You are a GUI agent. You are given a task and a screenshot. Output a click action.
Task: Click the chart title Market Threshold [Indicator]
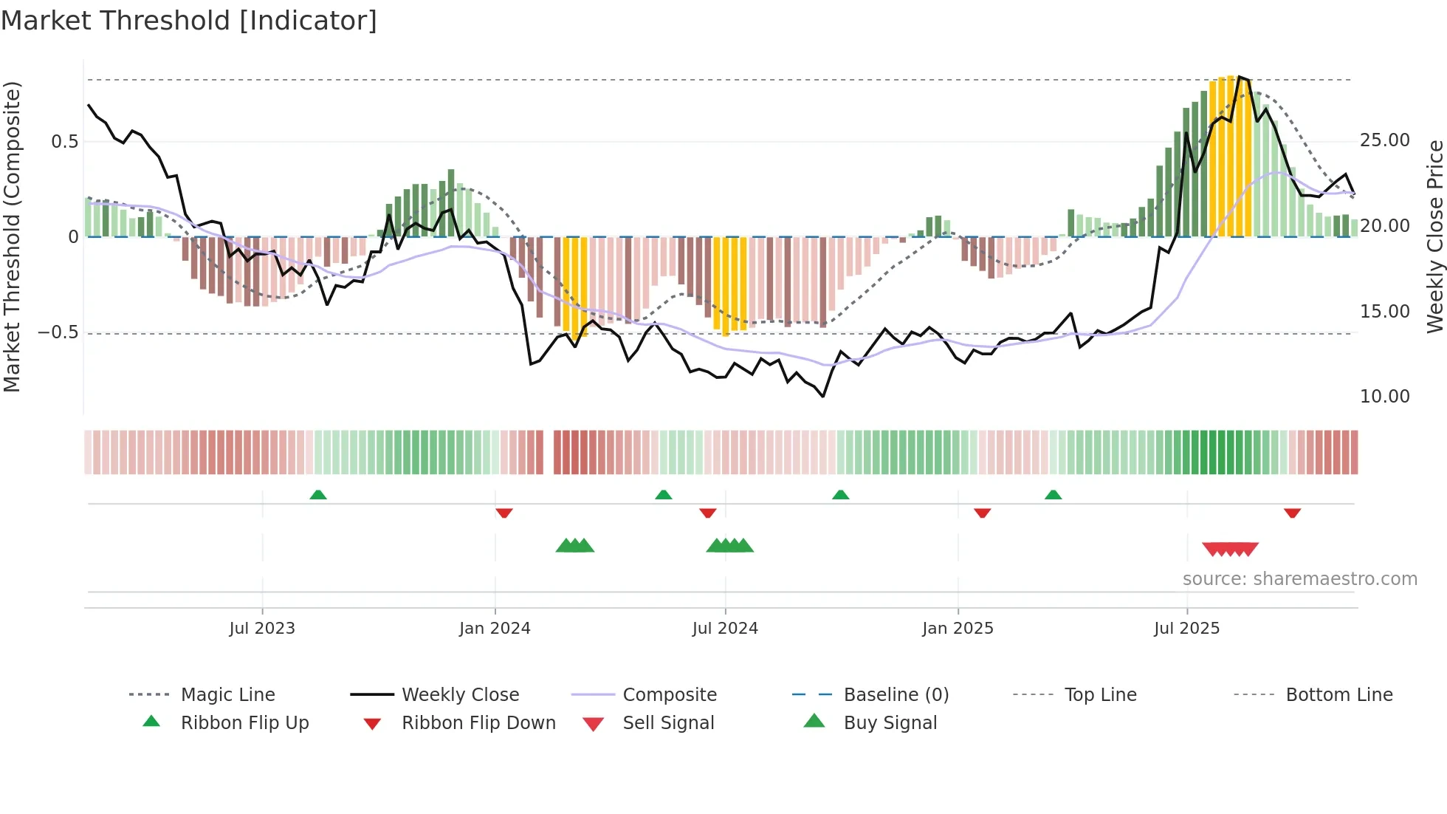point(189,21)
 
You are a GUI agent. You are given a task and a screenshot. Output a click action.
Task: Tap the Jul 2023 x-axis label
point(261,629)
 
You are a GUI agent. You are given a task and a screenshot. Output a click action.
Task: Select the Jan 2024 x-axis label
point(495,629)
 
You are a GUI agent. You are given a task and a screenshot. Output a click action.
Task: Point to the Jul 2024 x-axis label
point(725,629)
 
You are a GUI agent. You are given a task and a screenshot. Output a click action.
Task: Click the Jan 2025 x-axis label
point(958,629)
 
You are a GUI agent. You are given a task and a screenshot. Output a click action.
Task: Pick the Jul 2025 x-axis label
point(1186,629)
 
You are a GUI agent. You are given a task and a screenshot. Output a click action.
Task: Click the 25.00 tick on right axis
point(1384,140)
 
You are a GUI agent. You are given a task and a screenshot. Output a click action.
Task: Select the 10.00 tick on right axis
point(1384,397)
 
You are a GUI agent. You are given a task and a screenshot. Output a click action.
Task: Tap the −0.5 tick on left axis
point(58,332)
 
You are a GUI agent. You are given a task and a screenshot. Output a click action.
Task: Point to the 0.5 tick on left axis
point(64,142)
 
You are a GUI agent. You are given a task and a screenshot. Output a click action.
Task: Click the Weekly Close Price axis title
point(1434,236)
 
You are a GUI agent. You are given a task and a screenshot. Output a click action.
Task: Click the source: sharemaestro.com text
point(1299,579)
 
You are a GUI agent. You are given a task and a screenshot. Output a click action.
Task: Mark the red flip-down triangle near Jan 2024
point(504,513)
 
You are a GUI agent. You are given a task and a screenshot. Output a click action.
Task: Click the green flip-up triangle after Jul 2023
point(318,495)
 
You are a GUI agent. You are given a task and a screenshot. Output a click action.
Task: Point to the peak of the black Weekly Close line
point(1240,77)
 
